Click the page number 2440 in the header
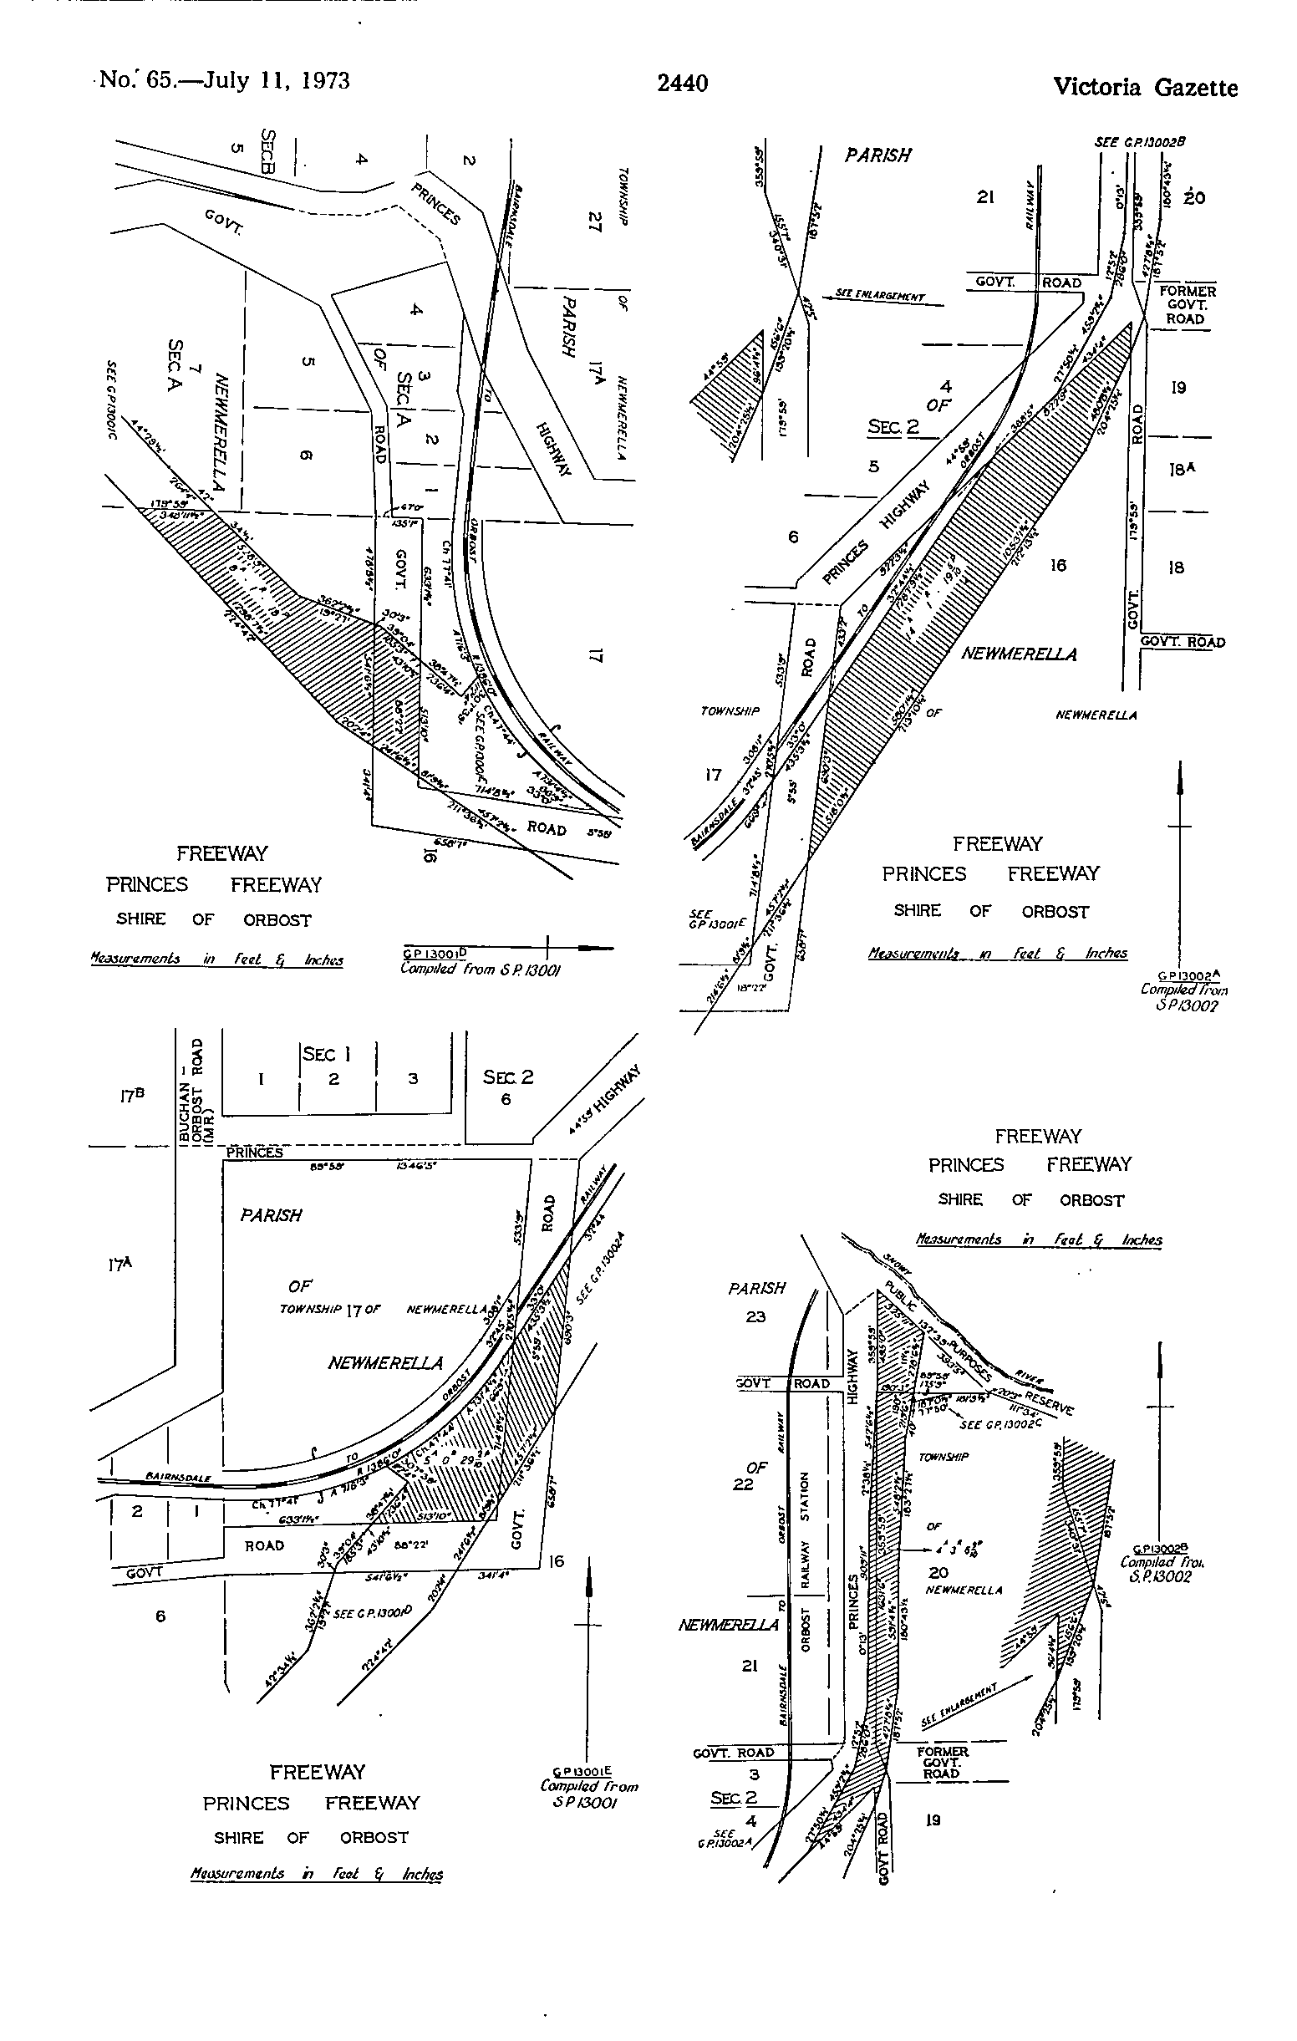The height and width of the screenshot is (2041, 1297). (683, 83)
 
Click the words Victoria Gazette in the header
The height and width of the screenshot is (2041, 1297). (1144, 87)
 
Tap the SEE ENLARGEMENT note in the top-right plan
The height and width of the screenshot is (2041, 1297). (880, 296)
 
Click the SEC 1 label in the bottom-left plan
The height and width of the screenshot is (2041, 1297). (328, 1054)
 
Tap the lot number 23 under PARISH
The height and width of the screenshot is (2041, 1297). (755, 1317)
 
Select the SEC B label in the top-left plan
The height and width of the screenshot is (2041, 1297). (267, 152)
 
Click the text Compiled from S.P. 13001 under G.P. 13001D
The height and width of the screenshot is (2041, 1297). (480, 969)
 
